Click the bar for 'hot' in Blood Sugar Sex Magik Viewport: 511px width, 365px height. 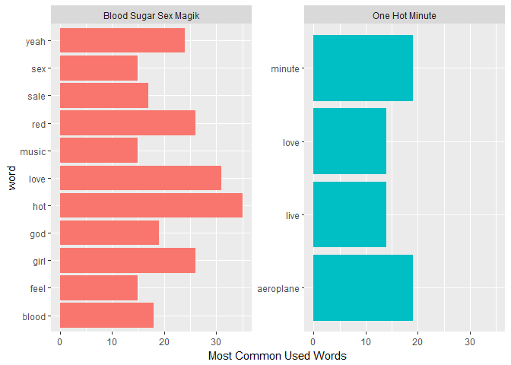tap(151, 206)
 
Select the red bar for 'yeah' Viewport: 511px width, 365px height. tap(122, 41)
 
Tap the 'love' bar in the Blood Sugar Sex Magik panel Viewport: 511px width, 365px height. tap(140, 179)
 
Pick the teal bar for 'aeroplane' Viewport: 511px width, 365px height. tap(363, 288)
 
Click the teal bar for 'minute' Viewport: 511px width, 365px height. tap(363, 68)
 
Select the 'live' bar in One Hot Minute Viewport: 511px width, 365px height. tap(350, 215)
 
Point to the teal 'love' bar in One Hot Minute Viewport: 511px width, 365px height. tap(350, 141)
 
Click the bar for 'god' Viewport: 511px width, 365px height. tap(109, 233)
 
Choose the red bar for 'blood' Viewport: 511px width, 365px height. tap(106, 316)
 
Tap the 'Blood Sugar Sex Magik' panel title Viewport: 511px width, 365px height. tap(151, 15)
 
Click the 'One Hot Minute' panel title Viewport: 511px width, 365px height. tap(405, 15)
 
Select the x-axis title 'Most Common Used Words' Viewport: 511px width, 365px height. tap(277, 356)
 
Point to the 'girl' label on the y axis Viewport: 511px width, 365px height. tap(38, 262)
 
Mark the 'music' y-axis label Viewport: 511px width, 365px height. tap(33, 151)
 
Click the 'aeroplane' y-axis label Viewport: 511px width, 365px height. tap(279, 289)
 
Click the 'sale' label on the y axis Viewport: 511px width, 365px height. tap(37, 97)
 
